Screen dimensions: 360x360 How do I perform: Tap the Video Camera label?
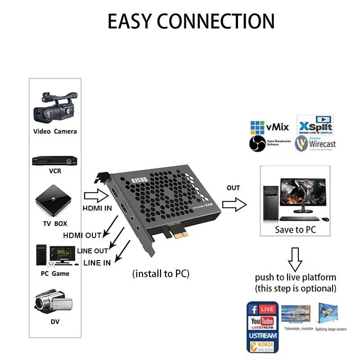[x=55, y=131]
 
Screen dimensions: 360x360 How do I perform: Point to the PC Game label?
[x=55, y=274]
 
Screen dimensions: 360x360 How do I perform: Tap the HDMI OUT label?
[x=82, y=235]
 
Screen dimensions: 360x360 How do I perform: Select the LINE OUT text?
[x=93, y=251]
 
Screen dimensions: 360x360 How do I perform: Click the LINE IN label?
[x=97, y=263]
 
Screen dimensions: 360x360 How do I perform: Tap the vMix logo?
[x=270, y=127]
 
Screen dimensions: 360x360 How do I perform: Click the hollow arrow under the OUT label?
[x=234, y=205]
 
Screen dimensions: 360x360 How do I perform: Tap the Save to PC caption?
[x=295, y=229]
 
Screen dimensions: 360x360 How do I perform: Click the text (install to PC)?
[x=161, y=274]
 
